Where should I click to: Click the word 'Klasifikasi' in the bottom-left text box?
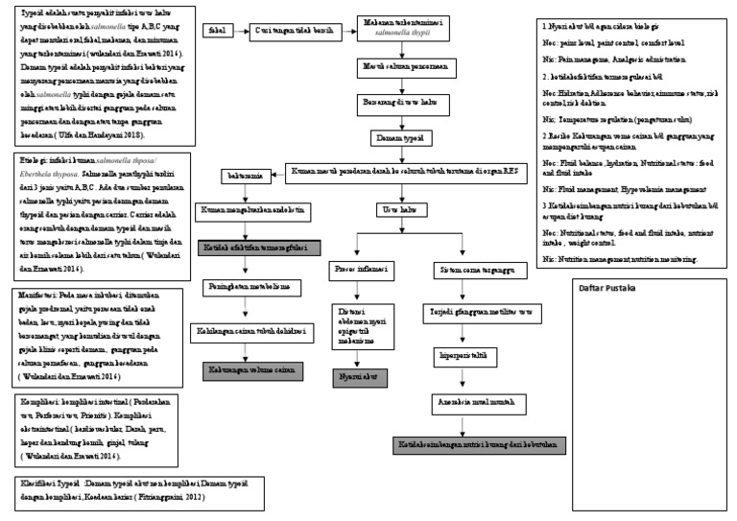37,485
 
